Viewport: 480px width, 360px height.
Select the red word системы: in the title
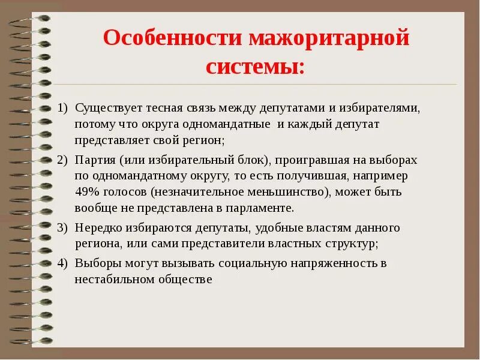pos(255,66)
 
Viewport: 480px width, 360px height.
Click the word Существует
pos(107,107)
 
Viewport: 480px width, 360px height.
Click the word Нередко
pos(98,228)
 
